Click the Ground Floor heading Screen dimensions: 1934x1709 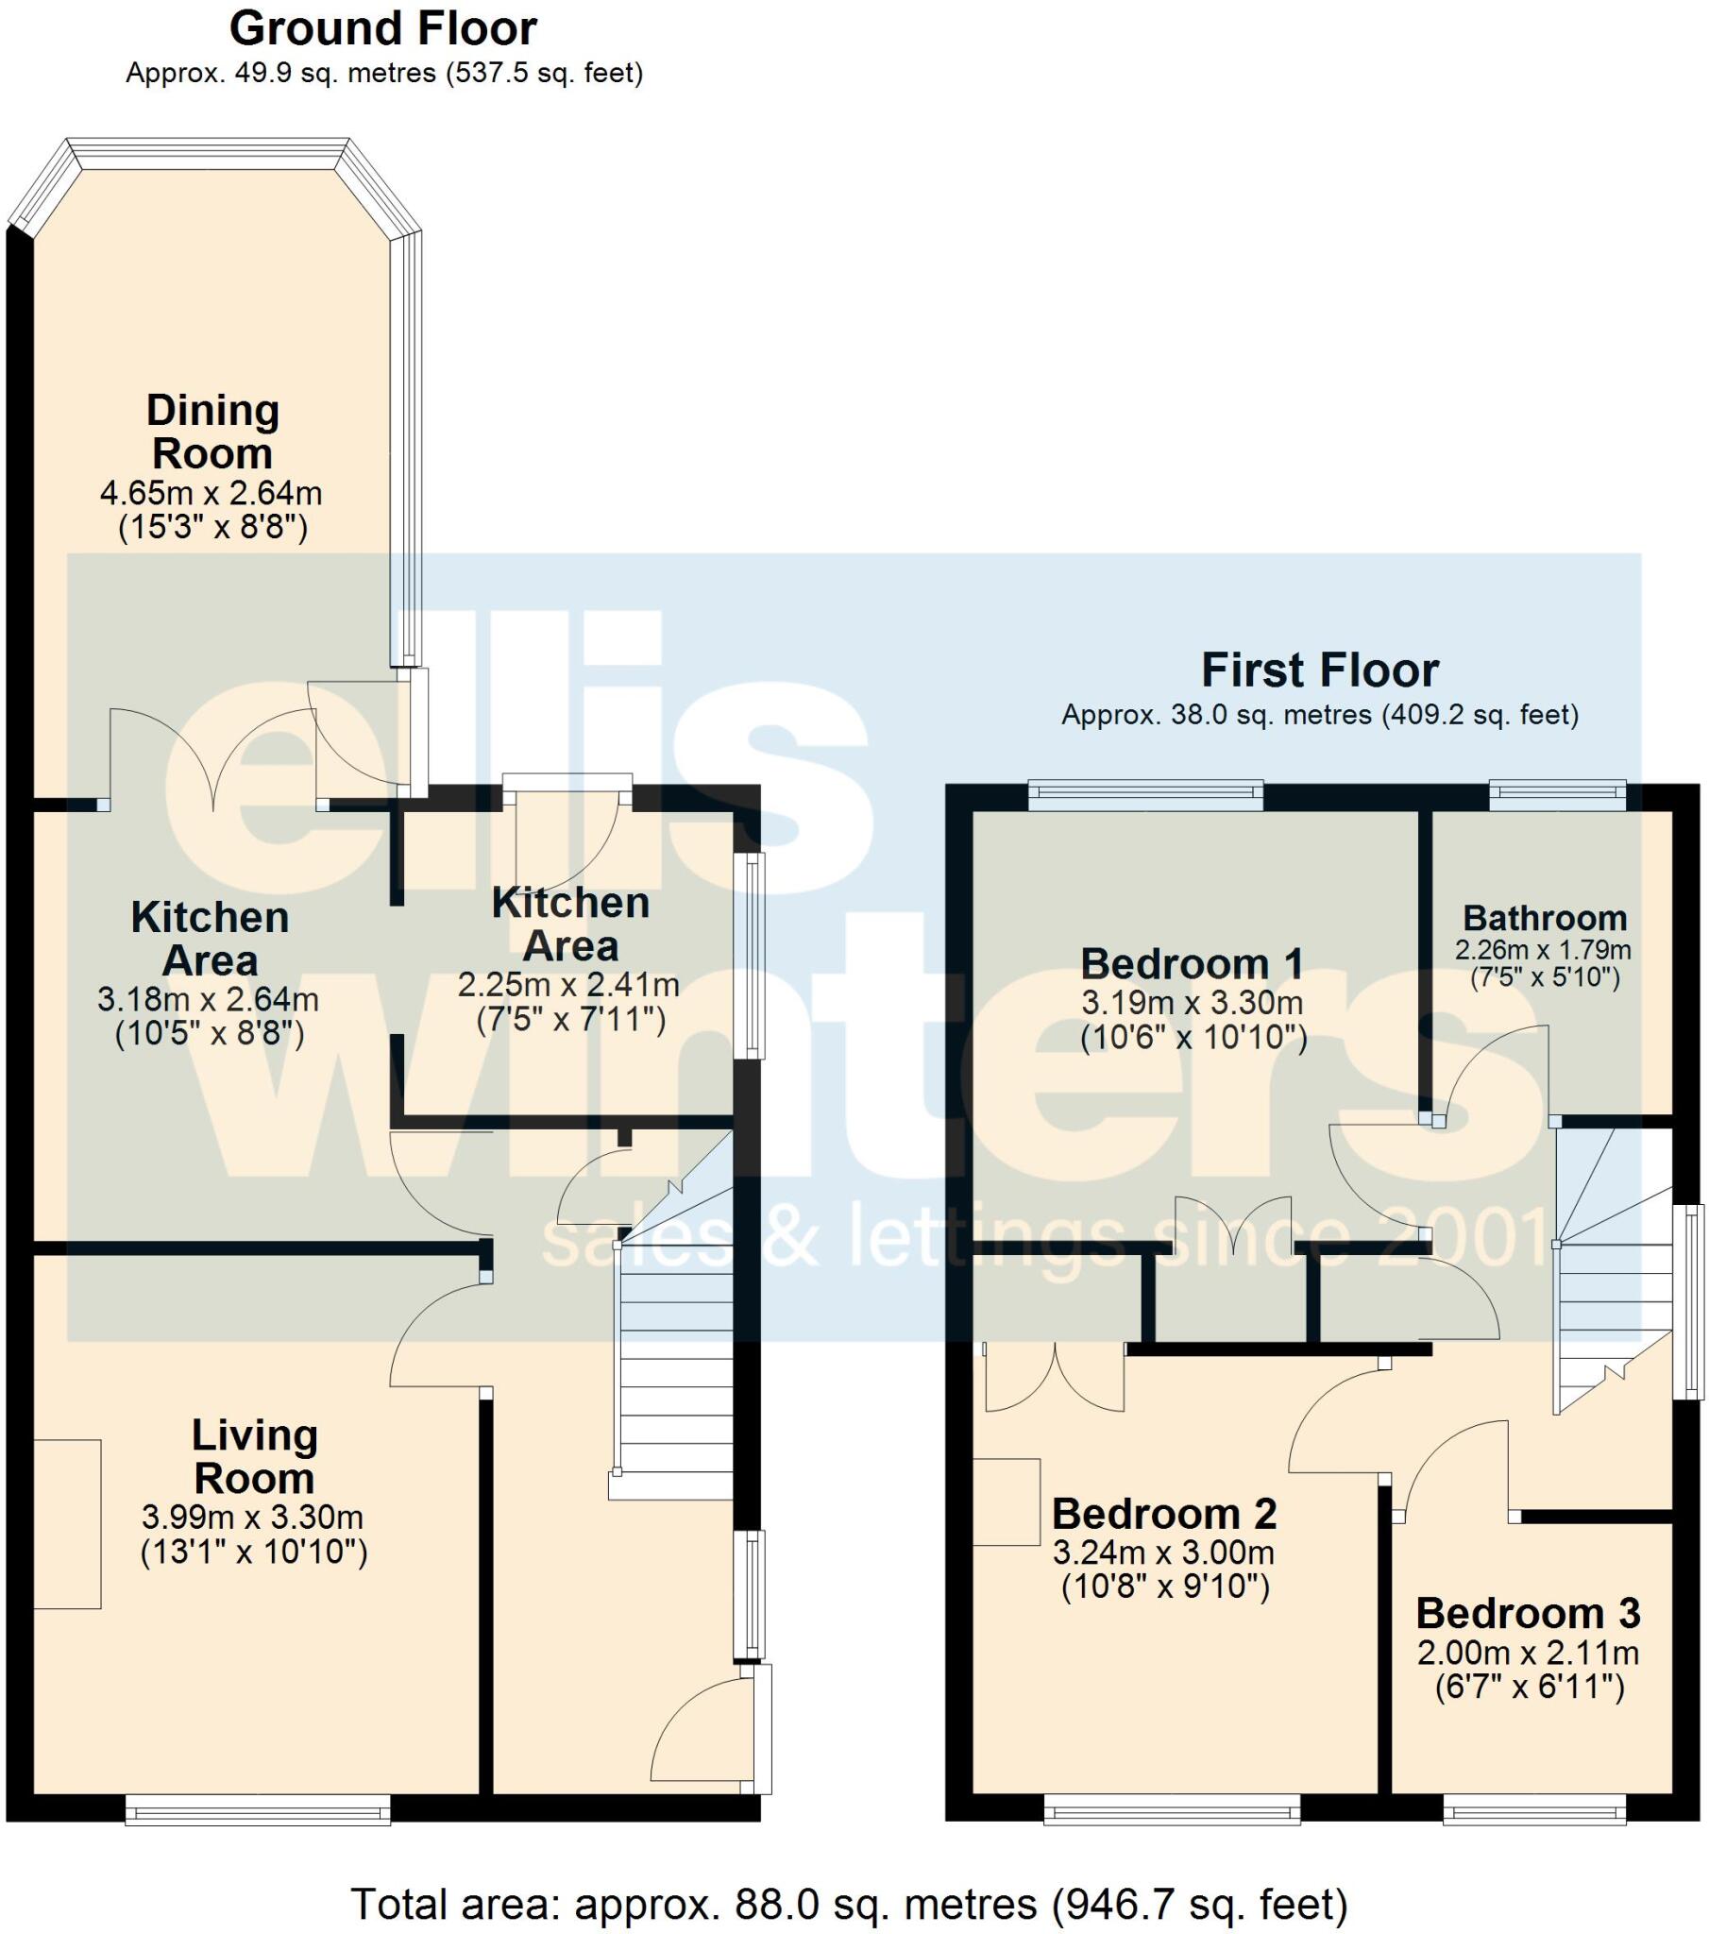pyautogui.click(x=382, y=28)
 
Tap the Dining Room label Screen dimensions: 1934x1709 pyautogui.click(x=212, y=432)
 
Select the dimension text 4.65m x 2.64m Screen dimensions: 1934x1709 pyautogui.click(x=211, y=493)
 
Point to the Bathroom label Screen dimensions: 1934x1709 pyautogui.click(x=1545, y=918)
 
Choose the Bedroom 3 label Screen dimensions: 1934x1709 pyautogui.click(x=1529, y=1613)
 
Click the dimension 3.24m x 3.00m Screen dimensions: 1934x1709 pyautogui.click(x=1163, y=1552)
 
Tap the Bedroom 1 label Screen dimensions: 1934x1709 pyautogui.click(x=1192, y=964)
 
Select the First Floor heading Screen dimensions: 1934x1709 pyautogui.click(x=1319, y=670)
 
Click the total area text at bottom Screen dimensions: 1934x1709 pyautogui.click(x=849, y=1904)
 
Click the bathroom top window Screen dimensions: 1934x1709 pyautogui.click(x=1557, y=795)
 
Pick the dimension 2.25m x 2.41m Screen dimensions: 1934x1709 pyautogui.click(x=568, y=985)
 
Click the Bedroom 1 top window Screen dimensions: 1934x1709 pyautogui.click(x=1145, y=795)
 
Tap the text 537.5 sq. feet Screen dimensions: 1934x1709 pyautogui.click(x=544, y=73)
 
